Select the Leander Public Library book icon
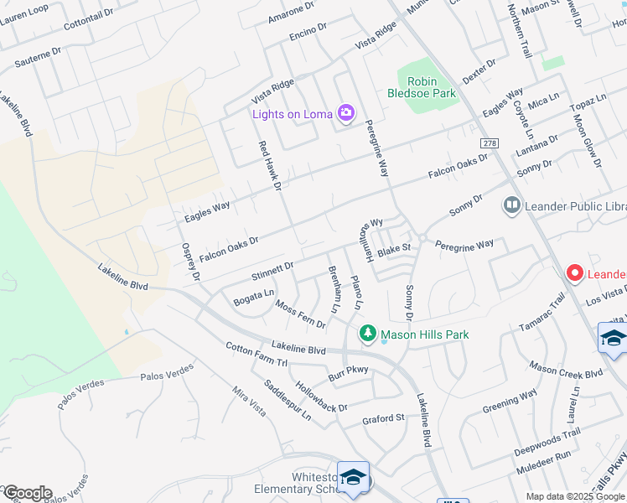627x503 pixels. click(x=510, y=205)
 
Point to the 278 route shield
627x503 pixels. click(x=490, y=143)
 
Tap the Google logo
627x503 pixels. click(x=27, y=493)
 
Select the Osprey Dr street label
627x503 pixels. click(x=191, y=262)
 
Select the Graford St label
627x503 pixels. click(x=383, y=417)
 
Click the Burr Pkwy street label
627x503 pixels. click(x=348, y=374)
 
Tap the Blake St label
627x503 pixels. click(x=393, y=249)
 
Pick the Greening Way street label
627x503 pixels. click(x=510, y=402)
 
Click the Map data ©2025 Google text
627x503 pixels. click(x=575, y=496)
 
